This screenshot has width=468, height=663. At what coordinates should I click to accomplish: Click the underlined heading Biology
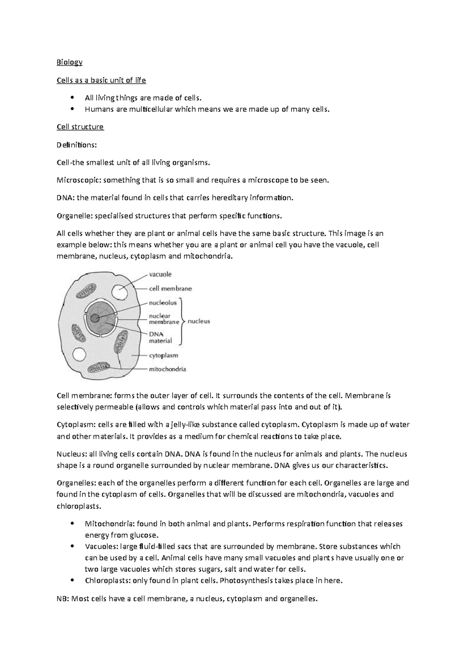[69, 62]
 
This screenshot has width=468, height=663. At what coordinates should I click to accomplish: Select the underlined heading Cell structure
[80, 127]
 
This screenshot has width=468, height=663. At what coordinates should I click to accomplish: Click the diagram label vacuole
[160, 274]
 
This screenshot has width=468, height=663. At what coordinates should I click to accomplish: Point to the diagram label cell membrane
[170, 289]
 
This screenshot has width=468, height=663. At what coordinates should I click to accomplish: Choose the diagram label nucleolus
[163, 303]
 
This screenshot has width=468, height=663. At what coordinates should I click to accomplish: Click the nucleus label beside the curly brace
[199, 321]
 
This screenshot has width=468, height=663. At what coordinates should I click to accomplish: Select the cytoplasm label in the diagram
[164, 356]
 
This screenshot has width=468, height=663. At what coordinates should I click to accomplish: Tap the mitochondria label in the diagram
[168, 369]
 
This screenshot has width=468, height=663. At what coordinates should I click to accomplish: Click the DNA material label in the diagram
[160, 337]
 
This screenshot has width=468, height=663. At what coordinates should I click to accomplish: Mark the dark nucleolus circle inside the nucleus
[95, 318]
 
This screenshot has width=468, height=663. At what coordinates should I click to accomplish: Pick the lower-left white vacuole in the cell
[79, 355]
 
